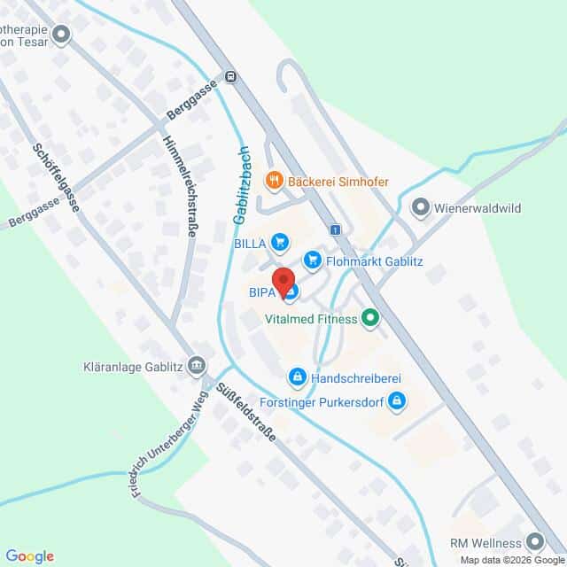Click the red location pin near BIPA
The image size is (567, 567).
(284, 281)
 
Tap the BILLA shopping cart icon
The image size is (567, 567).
(280, 240)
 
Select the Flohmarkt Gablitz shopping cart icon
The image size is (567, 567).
(312, 260)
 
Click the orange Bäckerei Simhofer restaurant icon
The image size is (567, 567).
(275, 181)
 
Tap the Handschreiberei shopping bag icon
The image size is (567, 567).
(297, 377)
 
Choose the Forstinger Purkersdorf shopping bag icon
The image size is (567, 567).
(398, 401)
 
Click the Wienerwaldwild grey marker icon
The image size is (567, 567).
(422, 209)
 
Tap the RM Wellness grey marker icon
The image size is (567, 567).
(533, 540)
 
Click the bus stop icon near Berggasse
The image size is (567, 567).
(230, 77)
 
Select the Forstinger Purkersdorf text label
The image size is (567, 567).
(321, 401)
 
